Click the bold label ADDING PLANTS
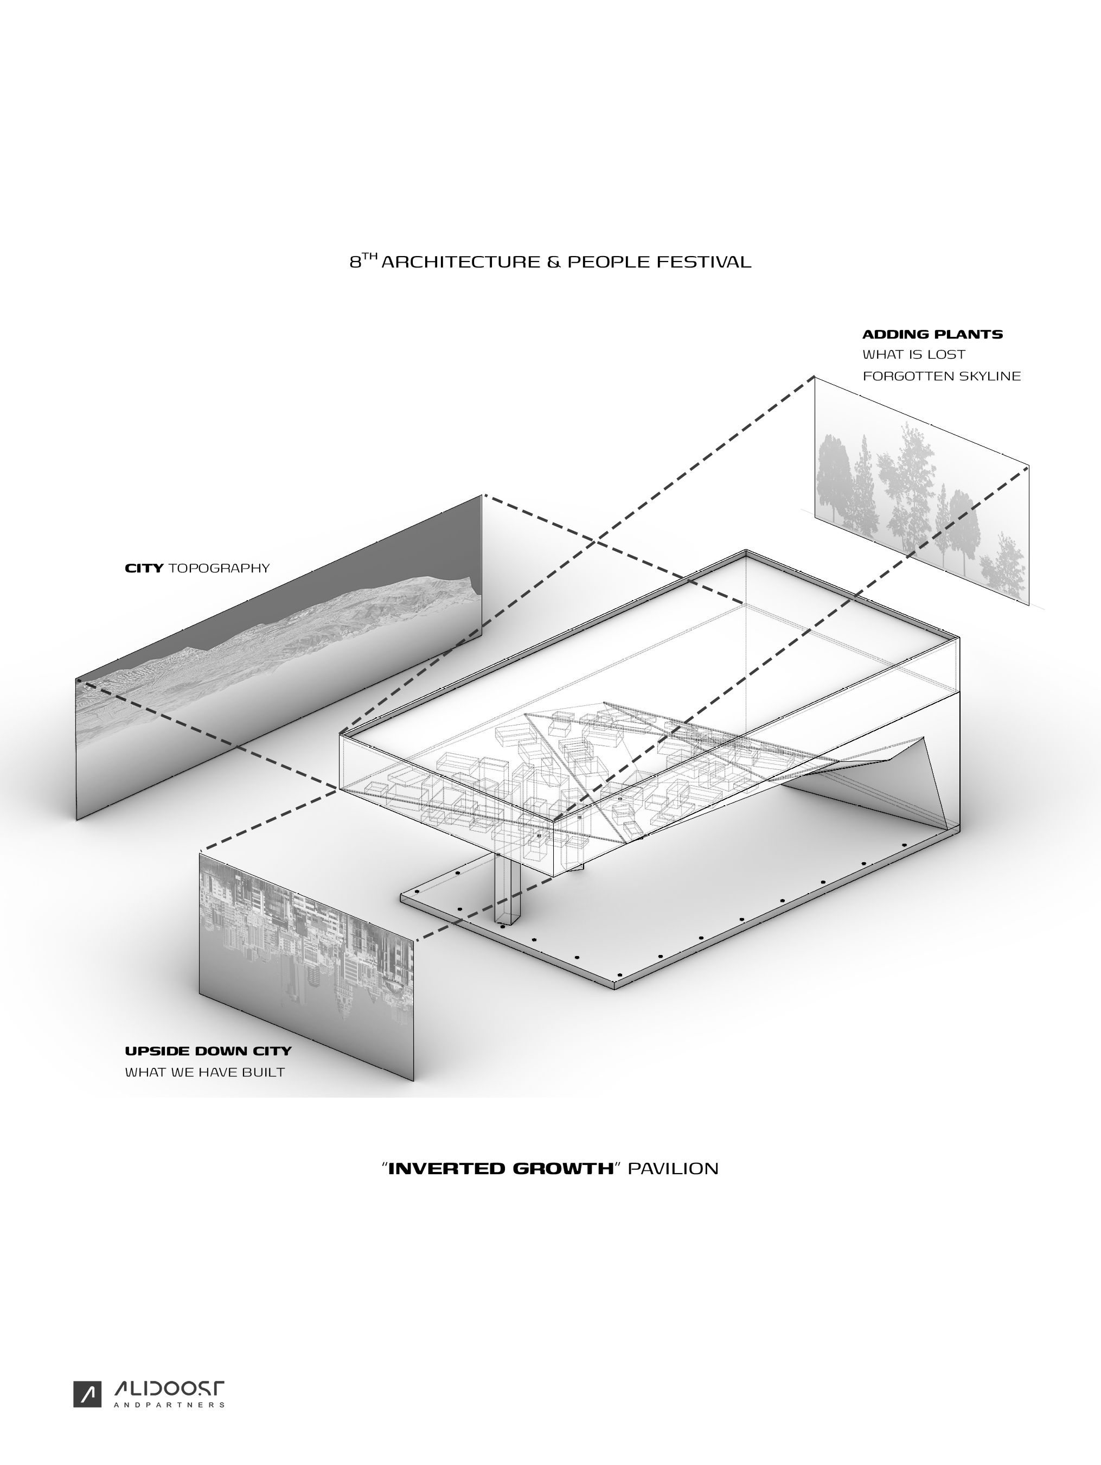pos(932,334)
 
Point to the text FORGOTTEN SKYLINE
pos(941,376)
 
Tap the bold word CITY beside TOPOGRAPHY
pos(144,568)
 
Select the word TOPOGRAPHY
pos(219,568)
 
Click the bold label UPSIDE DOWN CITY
pos(208,1051)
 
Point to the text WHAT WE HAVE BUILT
pos(204,1072)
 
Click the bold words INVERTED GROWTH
pos(501,1168)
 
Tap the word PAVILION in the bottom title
pos(673,1168)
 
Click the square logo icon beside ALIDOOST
pos(87,1394)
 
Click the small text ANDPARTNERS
pos(169,1405)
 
